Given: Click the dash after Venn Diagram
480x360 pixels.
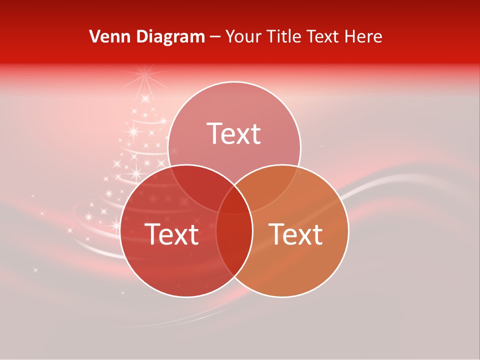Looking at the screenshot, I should click(215, 37).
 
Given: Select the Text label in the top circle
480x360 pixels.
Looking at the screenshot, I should click(234, 133).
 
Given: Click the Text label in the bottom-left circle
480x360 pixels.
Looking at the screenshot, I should click(171, 234).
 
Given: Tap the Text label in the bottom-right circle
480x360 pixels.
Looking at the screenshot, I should click(296, 234).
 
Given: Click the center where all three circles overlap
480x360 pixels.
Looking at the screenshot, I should click(234, 200).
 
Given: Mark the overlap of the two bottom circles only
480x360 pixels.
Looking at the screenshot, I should click(234, 245).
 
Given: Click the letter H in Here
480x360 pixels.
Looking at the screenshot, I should click(353, 36).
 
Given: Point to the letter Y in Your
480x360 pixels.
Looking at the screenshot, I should click(230, 36).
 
